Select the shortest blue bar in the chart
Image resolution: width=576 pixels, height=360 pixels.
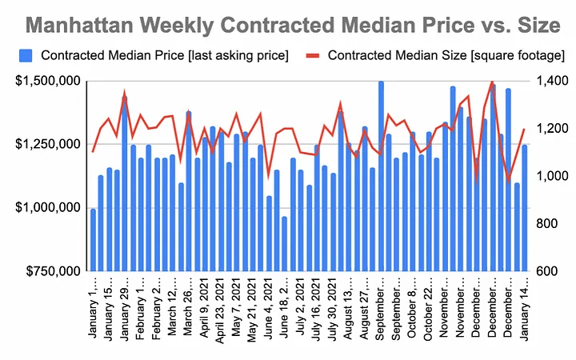284,244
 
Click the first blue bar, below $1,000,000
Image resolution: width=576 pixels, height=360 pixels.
93,240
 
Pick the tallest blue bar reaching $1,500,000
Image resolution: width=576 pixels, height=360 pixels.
381,176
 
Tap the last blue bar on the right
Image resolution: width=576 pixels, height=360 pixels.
525,208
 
